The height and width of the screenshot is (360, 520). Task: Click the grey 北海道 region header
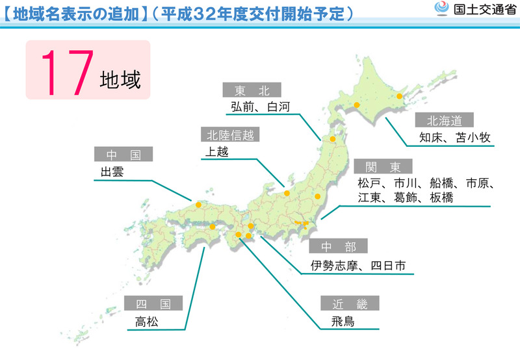point(445,120)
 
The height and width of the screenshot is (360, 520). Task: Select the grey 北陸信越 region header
point(229,135)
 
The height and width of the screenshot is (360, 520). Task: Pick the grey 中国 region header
point(122,154)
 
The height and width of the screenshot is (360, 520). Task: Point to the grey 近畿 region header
point(349,303)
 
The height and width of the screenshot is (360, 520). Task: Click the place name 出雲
point(107,172)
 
